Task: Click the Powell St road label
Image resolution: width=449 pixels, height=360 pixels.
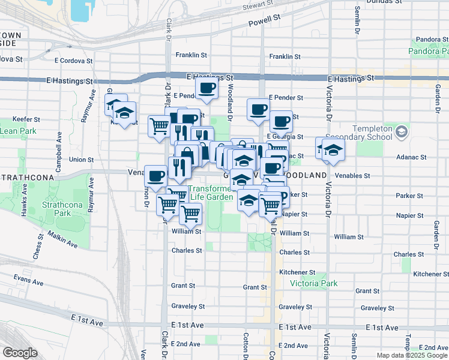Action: pos(265,20)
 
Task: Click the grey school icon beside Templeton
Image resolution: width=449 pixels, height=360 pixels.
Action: pos(402,131)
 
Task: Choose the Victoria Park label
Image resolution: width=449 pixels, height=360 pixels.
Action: pos(313,283)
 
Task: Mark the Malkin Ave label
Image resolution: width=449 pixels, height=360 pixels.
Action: pos(64,240)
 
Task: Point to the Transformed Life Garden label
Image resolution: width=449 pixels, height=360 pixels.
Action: pos(211,192)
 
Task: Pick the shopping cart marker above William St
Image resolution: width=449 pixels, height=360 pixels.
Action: pos(190,212)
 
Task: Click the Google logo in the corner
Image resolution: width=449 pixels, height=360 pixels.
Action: pos(20,353)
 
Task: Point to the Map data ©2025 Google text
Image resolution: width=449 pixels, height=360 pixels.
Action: pos(412,355)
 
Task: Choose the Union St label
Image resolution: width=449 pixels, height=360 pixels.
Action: pos(80,160)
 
